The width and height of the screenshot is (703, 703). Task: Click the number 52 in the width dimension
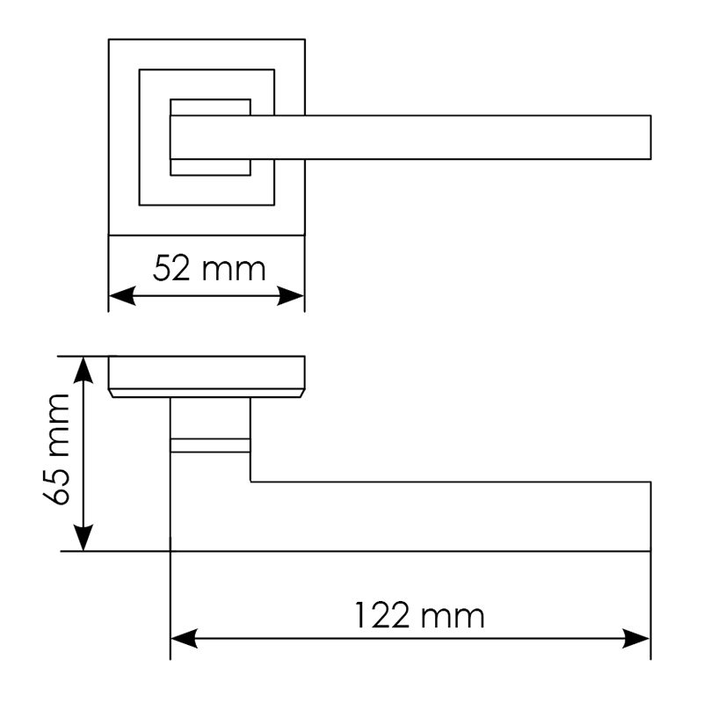[170, 269]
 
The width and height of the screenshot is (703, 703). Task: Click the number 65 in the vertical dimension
[57, 488]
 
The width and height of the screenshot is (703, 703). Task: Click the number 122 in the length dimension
[382, 615]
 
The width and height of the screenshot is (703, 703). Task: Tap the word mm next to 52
[234, 271]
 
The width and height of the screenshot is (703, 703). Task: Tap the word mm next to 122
[453, 617]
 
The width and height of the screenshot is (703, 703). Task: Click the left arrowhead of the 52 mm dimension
[122, 296]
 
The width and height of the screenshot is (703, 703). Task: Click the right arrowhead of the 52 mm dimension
[291, 296]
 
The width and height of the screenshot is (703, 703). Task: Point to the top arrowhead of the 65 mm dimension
[83, 370]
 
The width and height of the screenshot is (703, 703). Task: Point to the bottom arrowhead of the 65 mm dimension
[83, 538]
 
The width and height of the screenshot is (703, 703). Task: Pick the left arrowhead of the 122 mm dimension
[184, 638]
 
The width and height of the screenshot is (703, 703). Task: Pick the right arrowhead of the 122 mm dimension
[636, 638]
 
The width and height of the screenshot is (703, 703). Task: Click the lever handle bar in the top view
[410, 137]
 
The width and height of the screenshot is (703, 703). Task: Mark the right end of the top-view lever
[650, 137]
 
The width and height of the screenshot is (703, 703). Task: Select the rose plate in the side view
[207, 377]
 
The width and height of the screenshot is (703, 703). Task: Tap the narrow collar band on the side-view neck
[210, 446]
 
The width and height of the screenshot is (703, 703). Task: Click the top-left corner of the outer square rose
[108, 40]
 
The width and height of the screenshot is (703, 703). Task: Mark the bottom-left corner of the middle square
[140, 206]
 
